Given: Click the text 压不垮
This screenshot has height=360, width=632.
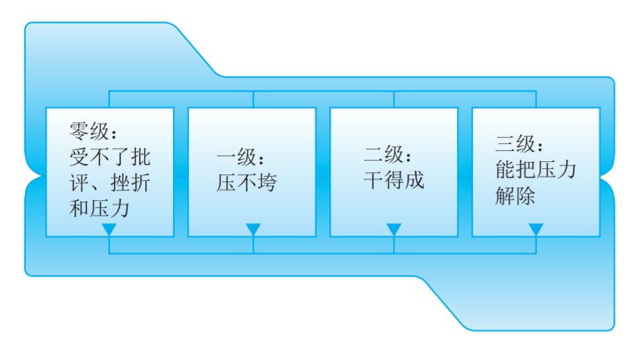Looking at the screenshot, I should coord(246,183).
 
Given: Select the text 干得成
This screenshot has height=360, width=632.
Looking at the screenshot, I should coord(394,180).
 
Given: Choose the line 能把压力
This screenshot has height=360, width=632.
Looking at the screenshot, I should coord(535,170).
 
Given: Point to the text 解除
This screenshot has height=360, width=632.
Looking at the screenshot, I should coord(515,196).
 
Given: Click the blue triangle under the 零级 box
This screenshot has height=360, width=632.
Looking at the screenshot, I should coord(109,230).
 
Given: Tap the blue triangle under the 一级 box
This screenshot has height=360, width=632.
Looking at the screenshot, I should coord(253,230).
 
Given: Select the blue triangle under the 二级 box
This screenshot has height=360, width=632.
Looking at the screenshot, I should coord(394,230).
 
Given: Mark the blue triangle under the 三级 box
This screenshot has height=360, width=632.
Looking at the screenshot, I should coord(535,230).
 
